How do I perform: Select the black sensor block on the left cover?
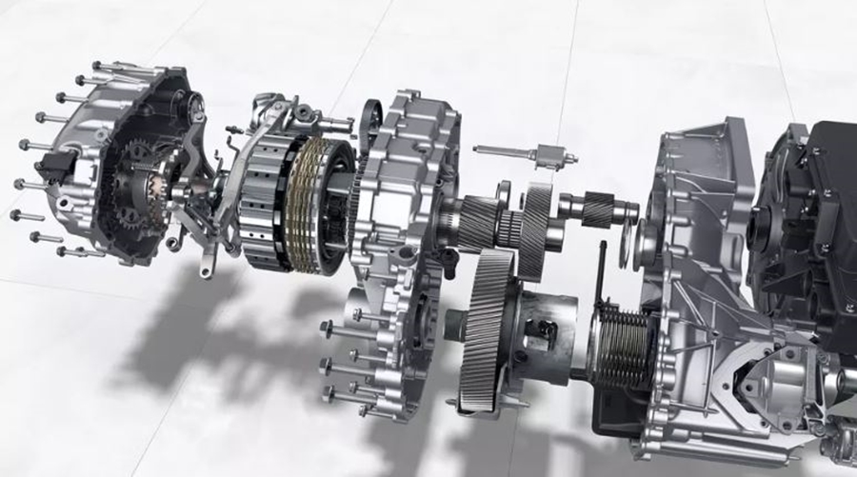60,168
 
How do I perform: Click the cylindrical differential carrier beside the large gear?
543,328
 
